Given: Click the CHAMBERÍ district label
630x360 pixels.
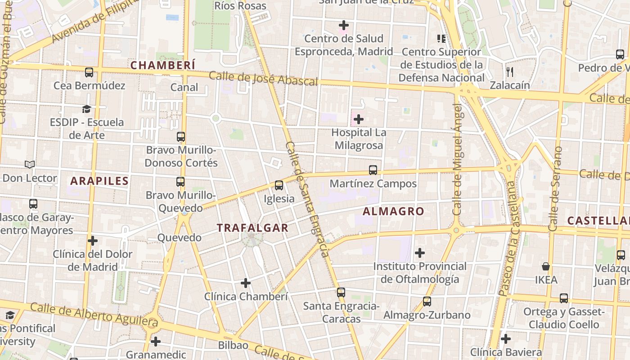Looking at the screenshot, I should pyautogui.click(x=163, y=65).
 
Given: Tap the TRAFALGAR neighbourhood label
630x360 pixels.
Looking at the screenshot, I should pyautogui.click(x=252, y=228).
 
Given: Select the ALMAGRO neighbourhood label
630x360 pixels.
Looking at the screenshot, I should pyautogui.click(x=393, y=211).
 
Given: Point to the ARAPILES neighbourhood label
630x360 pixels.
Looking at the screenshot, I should pyautogui.click(x=99, y=181).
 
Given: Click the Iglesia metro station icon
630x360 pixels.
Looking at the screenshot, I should pyautogui.click(x=279, y=185).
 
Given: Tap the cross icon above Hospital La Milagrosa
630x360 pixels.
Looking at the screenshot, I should pyautogui.click(x=359, y=119).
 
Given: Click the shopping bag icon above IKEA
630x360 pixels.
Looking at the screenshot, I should pyautogui.click(x=546, y=266).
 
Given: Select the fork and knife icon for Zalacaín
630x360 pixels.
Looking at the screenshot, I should pyautogui.click(x=510, y=72).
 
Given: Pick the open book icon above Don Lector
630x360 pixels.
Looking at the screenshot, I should pyautogui.click(x=30, y=165).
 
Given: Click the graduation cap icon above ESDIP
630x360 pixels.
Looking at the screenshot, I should pyautogui.click(x=86, y=109).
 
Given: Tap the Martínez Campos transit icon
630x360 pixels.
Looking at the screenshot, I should pyautogui.click(x=373, y=170).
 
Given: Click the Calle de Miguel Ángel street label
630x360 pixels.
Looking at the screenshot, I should pyautogui.click(x=457, y=159).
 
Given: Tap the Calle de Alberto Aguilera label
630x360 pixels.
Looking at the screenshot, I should pyautogui.click(x=94, y=315).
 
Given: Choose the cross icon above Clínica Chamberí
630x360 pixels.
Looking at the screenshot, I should pyautogui.click(x=246, y=283).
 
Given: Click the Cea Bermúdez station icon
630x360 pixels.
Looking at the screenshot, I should pyautogui.click(x=89, y=72).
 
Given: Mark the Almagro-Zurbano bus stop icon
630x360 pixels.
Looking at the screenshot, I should pyautogui.click(x=427, y=301).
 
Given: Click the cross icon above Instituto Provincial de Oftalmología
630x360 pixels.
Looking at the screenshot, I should pyautogui.click(x=420, y=253).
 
